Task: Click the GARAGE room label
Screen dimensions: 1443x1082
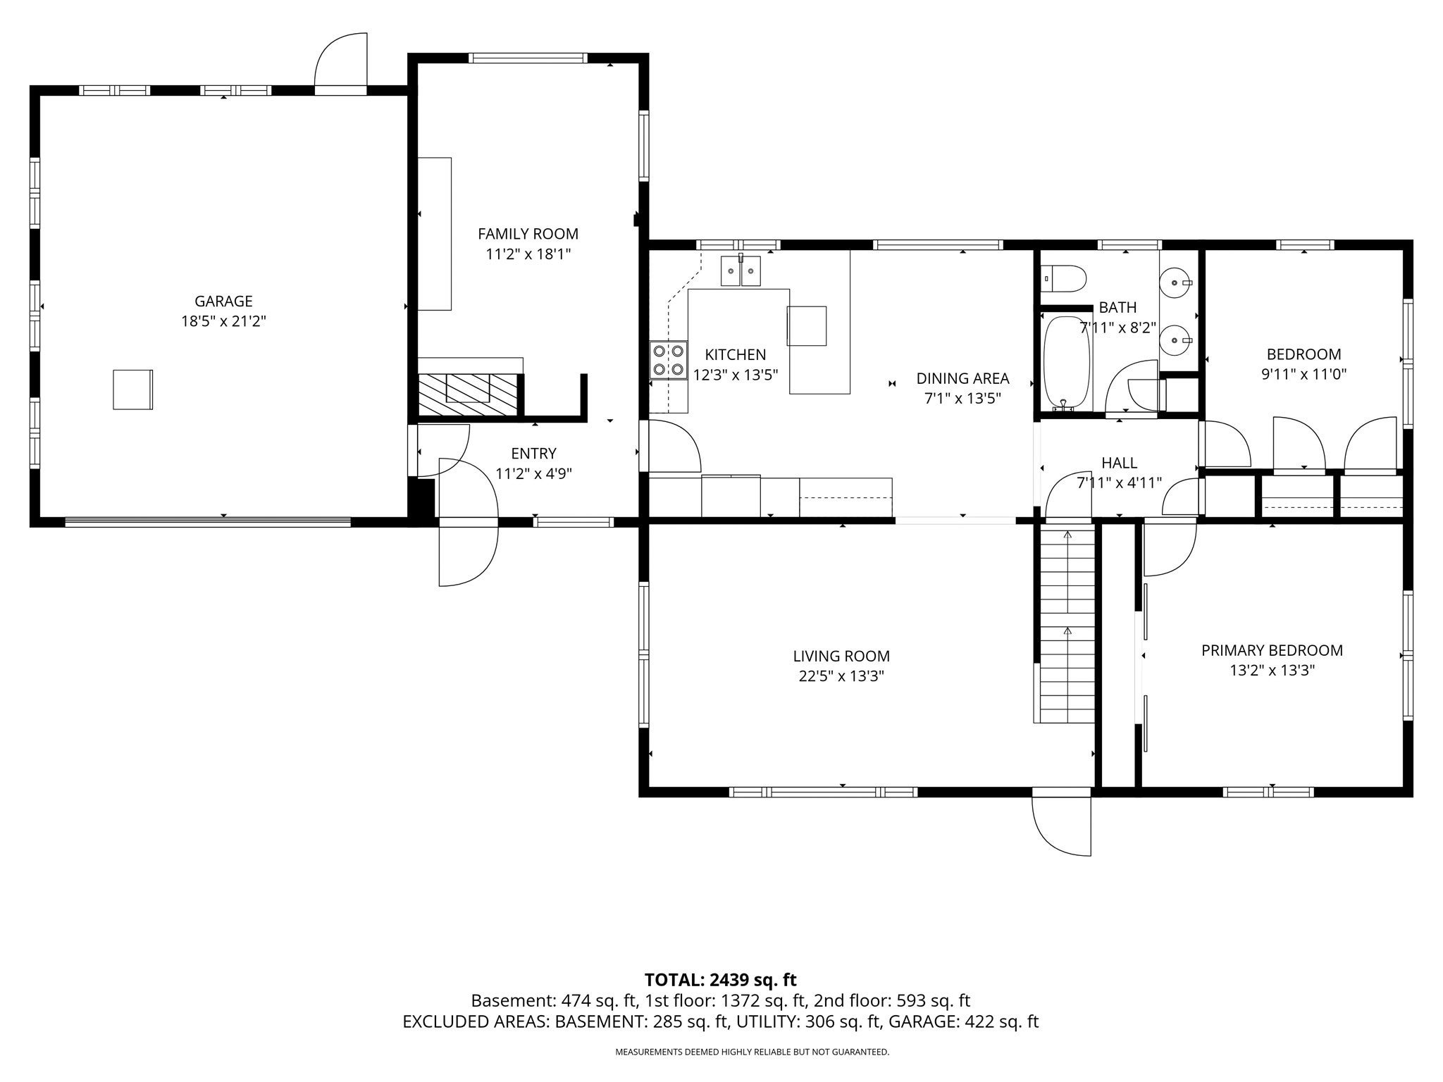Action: coord(223,301)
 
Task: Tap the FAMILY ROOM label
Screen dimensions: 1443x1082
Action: coord(528,234)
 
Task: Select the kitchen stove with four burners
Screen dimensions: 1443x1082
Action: coord(668,360)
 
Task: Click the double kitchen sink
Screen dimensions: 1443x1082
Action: coord(741,271)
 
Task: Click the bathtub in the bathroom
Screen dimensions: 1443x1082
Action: coord(1067,363)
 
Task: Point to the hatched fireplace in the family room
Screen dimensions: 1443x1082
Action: coord(468,394)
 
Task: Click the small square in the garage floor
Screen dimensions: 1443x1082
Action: coord(133,390)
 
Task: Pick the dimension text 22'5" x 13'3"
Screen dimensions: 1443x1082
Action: coord(842,676)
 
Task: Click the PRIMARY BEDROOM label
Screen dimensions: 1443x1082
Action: coord(1272,650)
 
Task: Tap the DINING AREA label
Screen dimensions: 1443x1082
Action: coord(962,378)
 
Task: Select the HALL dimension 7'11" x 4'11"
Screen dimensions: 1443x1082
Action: coord(1119,483)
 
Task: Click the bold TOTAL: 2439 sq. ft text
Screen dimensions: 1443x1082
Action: coord(720,980)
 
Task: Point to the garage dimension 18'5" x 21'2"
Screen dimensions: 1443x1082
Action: coord(223,321)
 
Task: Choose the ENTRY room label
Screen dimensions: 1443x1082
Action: coord(533,454)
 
